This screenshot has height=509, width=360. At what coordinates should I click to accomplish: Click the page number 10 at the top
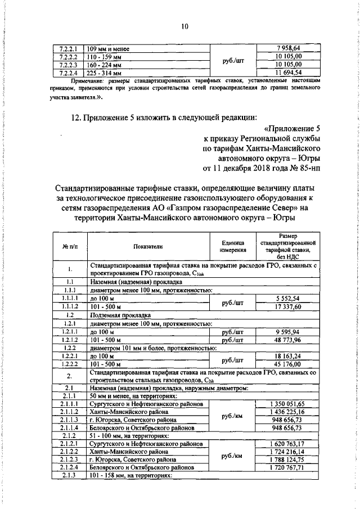184,25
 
